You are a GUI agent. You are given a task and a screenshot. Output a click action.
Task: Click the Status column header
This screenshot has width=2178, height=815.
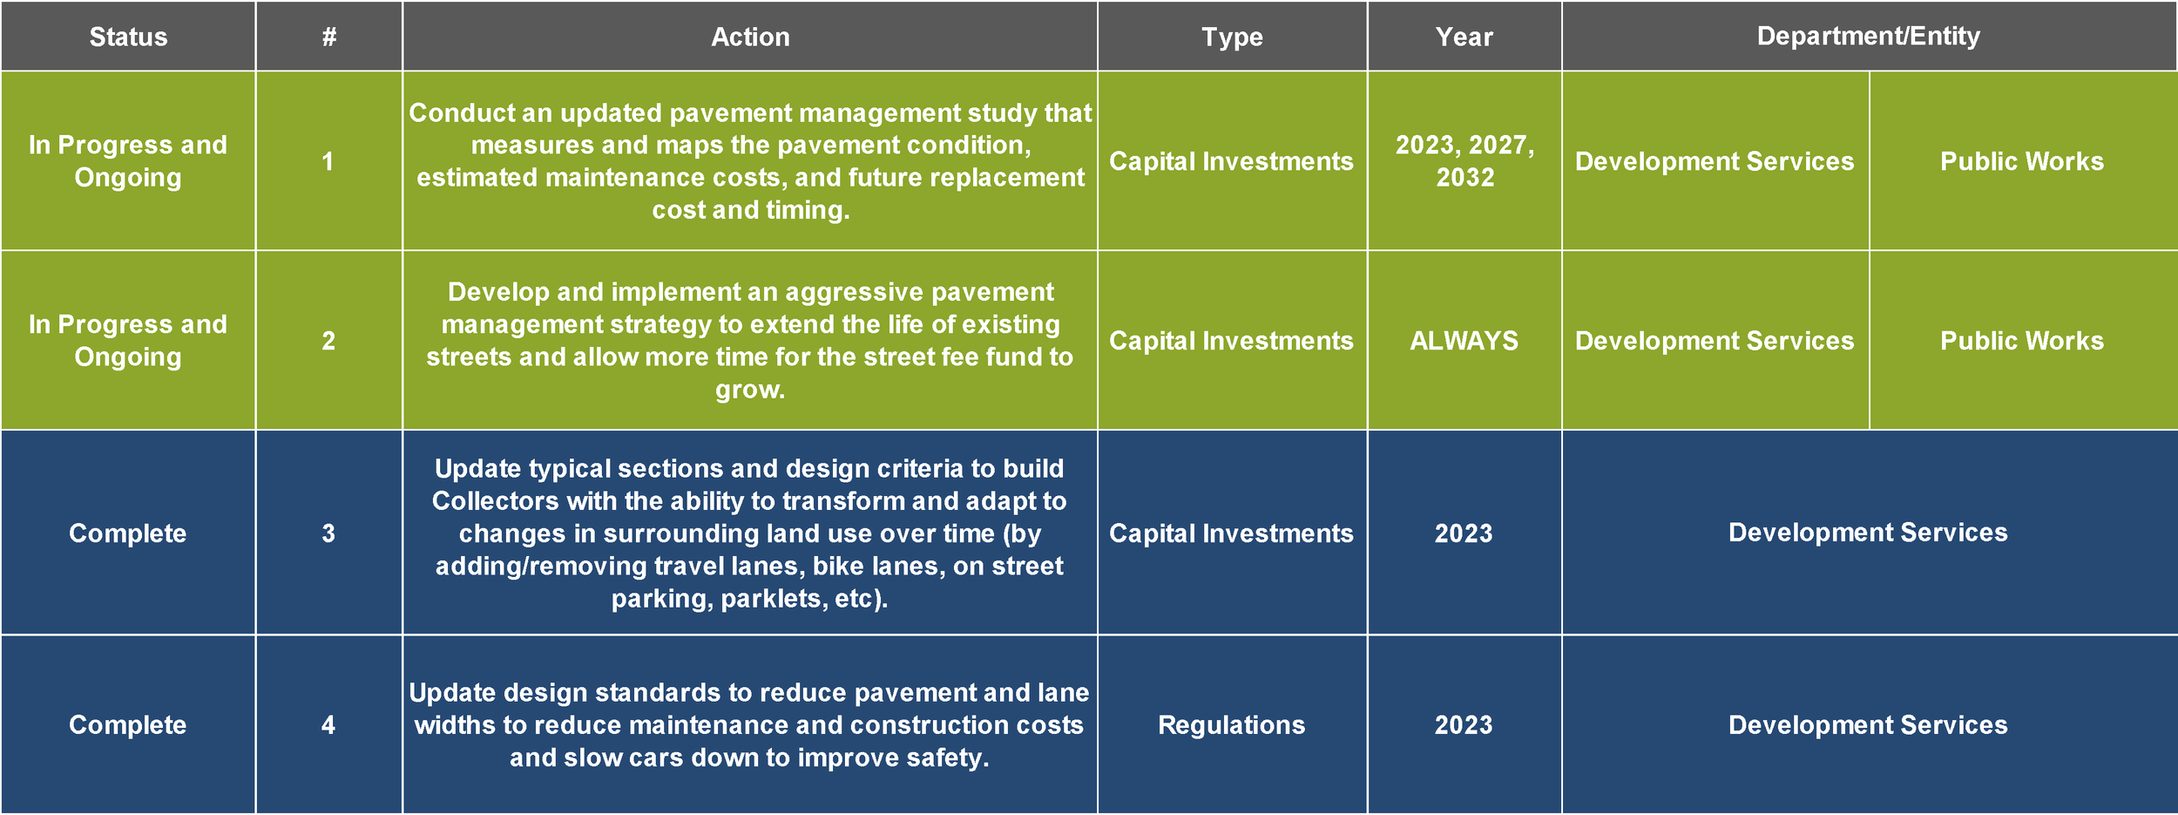click(128, 37)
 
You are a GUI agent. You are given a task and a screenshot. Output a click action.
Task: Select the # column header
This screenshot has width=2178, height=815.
click(328, 37)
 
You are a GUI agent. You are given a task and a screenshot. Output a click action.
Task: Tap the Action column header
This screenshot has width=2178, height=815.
click(750, 37)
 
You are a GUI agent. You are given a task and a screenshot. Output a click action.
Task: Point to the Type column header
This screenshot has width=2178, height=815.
click(1232, 37)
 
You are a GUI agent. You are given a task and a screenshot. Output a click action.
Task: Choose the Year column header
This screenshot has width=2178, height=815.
click(1464, 37)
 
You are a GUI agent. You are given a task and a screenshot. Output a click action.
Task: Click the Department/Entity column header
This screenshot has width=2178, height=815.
click(1868, 36)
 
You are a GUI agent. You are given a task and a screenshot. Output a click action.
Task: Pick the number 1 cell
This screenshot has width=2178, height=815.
click(328, 161)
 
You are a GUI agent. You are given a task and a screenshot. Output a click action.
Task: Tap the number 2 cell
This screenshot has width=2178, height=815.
click(328, 341)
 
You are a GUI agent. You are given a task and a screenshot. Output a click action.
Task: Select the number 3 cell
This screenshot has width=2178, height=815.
click(328, 533)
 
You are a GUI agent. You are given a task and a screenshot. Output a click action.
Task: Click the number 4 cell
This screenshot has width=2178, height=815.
click(328, 725)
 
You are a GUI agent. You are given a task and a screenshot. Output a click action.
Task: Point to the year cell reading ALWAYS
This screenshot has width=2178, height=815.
click(1464, 341)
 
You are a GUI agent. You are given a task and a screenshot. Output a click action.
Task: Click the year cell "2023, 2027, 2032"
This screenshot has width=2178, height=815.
click(1464, 161)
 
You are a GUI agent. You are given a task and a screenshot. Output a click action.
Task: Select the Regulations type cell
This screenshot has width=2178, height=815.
click(1232, 725)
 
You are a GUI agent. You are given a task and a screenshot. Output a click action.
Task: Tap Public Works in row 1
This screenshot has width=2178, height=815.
click(2022, 161)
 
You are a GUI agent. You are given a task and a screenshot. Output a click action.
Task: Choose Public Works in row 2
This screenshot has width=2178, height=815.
click(2022, 341)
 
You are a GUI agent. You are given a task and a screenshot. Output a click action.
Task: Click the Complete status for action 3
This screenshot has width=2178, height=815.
click(128, 533)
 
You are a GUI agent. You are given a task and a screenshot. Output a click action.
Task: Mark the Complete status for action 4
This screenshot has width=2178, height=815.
click(128, 725)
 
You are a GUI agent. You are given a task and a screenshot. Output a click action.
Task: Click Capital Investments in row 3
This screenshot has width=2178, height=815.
click(1231, 533)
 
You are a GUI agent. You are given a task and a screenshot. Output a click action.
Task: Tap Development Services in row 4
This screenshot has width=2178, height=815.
click(1868, 725)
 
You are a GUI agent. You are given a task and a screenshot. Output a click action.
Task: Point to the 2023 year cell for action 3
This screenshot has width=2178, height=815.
click(1464, 533)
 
